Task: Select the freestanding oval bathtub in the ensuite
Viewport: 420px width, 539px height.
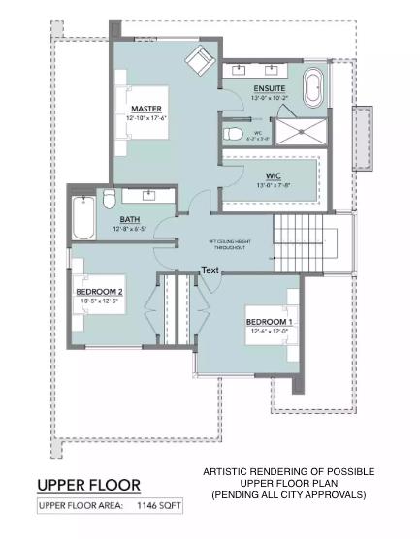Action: click(x=315, y=89)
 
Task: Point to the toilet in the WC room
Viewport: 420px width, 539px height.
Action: click(x=232, y=134)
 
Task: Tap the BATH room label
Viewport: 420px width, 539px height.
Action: click(x=130, y=219)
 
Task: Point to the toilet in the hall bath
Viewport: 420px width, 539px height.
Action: click(x=109, y=200)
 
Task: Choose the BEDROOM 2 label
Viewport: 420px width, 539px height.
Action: click(x=99, y=291)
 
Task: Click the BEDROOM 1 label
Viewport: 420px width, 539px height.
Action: click(x=269, y=321)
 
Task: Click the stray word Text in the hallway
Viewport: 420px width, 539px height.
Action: click(x=211, y=269)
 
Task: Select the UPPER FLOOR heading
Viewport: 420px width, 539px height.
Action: click(x=88, y=484)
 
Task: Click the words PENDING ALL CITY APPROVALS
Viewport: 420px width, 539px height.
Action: click(x=288, y=494)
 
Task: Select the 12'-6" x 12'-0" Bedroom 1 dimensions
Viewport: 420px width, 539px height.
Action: click(x=269, y=331)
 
